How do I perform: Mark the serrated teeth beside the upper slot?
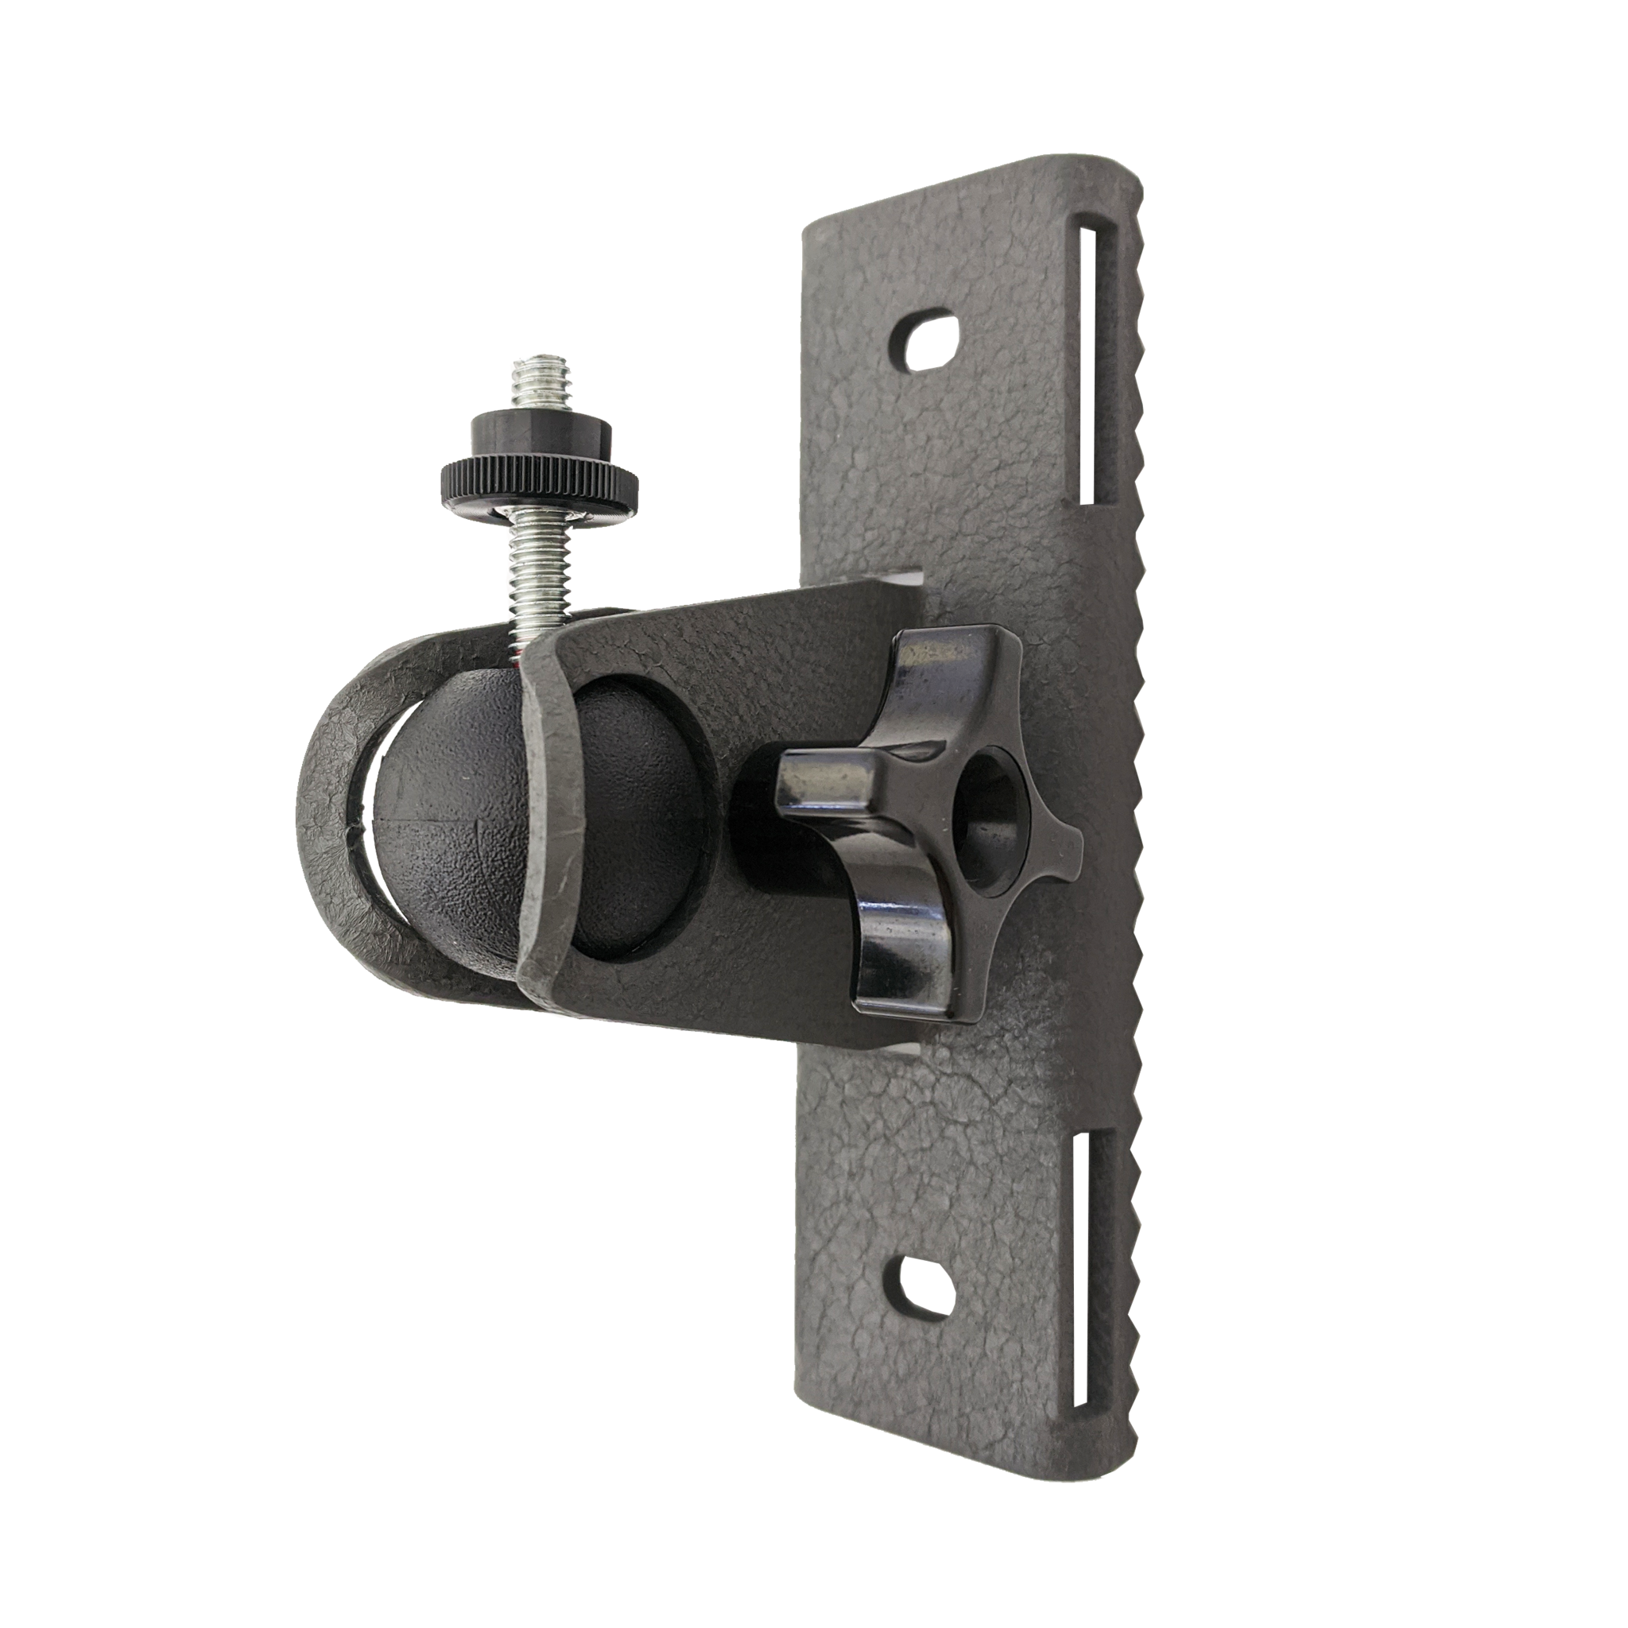click(x=1134, y=362)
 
